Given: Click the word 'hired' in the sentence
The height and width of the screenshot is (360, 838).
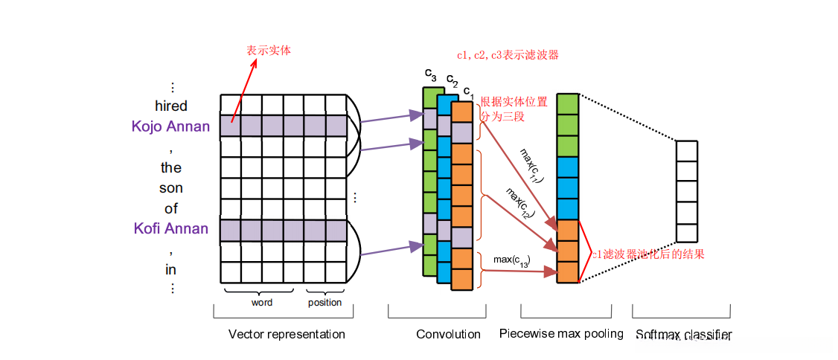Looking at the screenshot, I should [171, 106].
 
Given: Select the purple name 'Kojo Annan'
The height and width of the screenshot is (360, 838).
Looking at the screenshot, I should [170, 126].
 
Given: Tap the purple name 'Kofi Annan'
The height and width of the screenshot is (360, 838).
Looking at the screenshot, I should [171, 228].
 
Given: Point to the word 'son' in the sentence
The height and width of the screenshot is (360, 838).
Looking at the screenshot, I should [171, 188].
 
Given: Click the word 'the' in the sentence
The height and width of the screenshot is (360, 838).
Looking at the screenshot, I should [171, 167].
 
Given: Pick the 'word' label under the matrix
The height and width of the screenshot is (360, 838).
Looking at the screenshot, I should [262, 303].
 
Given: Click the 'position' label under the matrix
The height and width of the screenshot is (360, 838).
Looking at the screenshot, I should [325, 303].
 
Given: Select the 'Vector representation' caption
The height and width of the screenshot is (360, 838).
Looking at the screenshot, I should [287, 335].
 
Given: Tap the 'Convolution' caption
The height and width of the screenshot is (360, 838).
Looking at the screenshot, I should [448, 335].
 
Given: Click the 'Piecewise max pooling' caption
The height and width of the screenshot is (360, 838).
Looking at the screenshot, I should [561, 334].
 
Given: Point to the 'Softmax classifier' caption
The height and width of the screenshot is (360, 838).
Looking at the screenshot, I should [684, 335].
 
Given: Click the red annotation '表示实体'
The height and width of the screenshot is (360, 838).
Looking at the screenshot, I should [269, 51].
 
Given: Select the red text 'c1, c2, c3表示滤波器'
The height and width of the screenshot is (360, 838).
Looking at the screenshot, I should [508, 55].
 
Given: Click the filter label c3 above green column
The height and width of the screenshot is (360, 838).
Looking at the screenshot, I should [430, 74].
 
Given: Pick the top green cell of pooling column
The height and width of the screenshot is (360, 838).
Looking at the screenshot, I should [568, 104].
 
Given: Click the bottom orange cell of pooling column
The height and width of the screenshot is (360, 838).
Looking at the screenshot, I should [568, 272].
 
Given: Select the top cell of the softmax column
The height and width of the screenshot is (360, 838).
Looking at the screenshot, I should [686, 151].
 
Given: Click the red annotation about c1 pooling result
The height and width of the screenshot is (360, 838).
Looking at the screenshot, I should [647, 254].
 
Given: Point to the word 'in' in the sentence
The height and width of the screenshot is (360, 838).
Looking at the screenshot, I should [171, 269].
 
